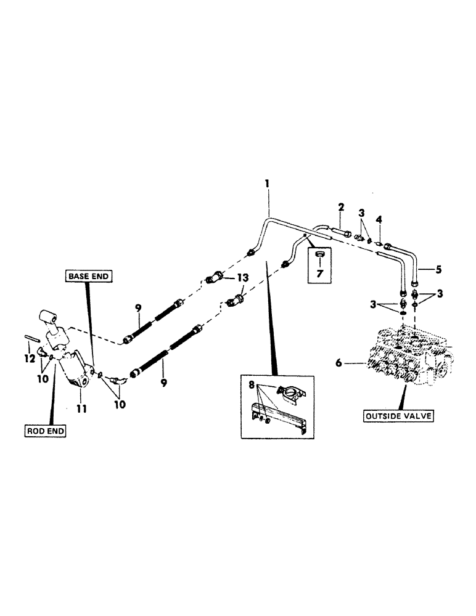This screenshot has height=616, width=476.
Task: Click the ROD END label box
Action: click(46, 431)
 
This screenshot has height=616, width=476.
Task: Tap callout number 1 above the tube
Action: click(268, 184)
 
